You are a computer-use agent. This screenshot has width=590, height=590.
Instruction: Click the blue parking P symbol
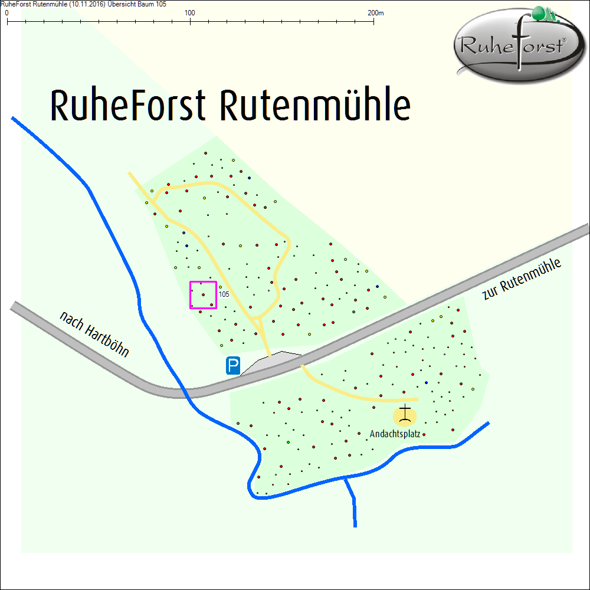[x=233, y=366]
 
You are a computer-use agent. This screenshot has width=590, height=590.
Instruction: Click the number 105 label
[x=224, y=294]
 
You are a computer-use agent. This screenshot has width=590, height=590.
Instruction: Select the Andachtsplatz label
[x=395, y=434]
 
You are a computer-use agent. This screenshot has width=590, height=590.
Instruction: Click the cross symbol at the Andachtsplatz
[x=405, y=415]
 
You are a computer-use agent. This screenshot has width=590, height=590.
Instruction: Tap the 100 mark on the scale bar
[x=190, y=13]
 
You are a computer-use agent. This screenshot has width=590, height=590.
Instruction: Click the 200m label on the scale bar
[x=375, y=13]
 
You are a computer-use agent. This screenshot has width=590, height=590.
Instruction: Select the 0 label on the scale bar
[x=6, y=13]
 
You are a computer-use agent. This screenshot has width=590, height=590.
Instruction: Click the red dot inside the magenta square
[x=204, y=294]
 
